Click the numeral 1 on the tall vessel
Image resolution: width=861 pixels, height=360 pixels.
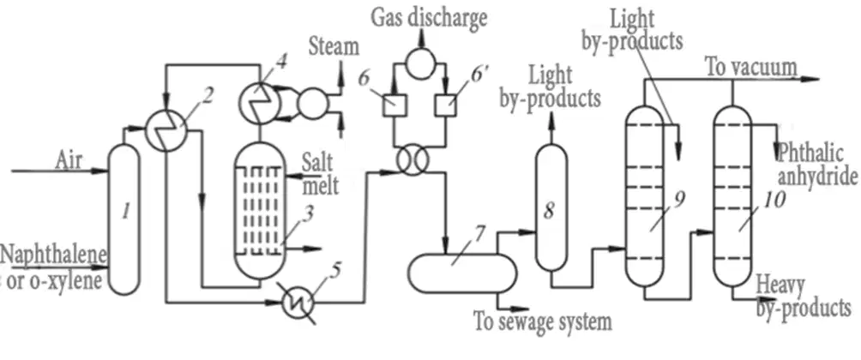point(126,211)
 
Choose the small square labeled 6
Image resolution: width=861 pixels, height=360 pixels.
point(394,105)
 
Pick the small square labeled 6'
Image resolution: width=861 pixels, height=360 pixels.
point(446,104)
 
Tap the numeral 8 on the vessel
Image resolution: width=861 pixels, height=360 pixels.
point(549,211)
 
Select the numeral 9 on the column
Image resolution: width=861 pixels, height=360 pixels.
point(678,201)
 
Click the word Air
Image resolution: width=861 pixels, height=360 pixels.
point(68,161)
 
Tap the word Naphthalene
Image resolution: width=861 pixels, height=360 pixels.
point(53,255)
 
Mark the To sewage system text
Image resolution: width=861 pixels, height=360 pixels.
point(543,321)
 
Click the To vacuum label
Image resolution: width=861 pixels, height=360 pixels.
point(751,68)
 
